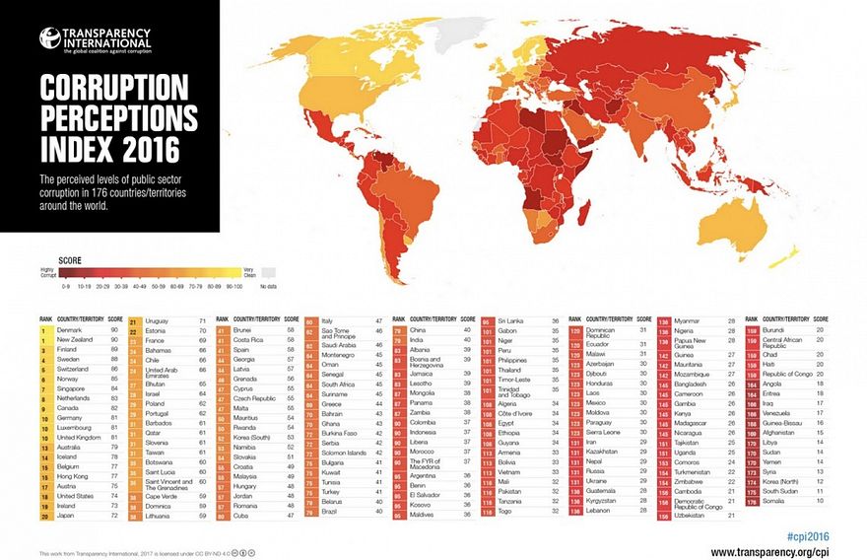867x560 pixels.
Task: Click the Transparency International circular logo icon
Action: (x=48, y=38)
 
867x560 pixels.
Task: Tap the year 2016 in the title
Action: (x=146, y=150)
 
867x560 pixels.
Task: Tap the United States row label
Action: (x=76, y=496)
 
